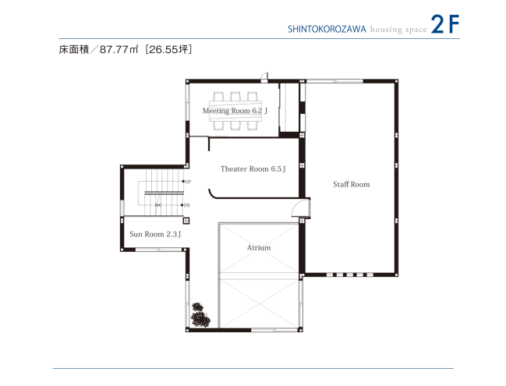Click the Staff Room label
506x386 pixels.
click(351, 185)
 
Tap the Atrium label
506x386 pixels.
click(259, 248)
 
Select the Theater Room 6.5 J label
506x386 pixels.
click(253, 169)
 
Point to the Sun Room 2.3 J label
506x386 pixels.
click(155, 234)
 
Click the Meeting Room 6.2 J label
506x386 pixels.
click(235, 112)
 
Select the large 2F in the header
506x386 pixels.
click(444, 25)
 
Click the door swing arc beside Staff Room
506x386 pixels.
click(298, 207)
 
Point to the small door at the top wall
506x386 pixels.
click(265, 76)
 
